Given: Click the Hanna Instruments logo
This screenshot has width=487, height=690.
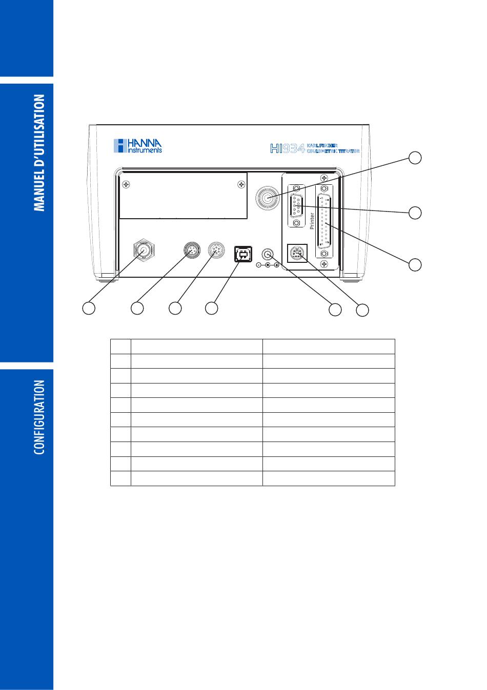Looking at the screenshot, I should pos(137,145).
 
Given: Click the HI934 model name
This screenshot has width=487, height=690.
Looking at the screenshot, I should pos(288,149).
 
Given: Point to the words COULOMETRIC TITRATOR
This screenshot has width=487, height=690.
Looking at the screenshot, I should pos(333,151).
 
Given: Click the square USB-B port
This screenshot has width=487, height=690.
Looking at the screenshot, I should pos(242,253).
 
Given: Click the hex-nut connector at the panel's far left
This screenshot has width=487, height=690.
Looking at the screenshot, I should pos(144,250).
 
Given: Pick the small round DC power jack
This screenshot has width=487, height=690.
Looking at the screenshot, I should pos(268,254).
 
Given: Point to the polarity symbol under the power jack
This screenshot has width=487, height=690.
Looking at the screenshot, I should pos(268,265).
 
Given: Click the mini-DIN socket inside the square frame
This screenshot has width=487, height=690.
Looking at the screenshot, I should pos(297,253).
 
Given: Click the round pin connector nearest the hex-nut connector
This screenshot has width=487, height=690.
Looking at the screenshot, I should pos(191,251).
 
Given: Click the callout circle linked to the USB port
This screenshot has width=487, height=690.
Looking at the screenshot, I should pos(211,308).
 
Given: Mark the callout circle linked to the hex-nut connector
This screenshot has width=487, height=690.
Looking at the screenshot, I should pos(89,308).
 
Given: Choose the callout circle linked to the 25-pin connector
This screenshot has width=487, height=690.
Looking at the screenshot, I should pos(415,264).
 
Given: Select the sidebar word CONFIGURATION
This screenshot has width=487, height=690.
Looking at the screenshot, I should pos(40,417).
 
